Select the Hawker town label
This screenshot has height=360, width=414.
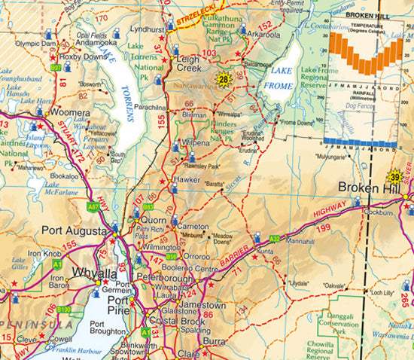[x=187, y=180]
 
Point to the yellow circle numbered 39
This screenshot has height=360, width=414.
[x=396, y=176]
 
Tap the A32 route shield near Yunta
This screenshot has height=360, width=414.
[x=274, y=239]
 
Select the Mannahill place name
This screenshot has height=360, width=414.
[x=300, y=243]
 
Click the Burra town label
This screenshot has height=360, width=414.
[x=216, y=340]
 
